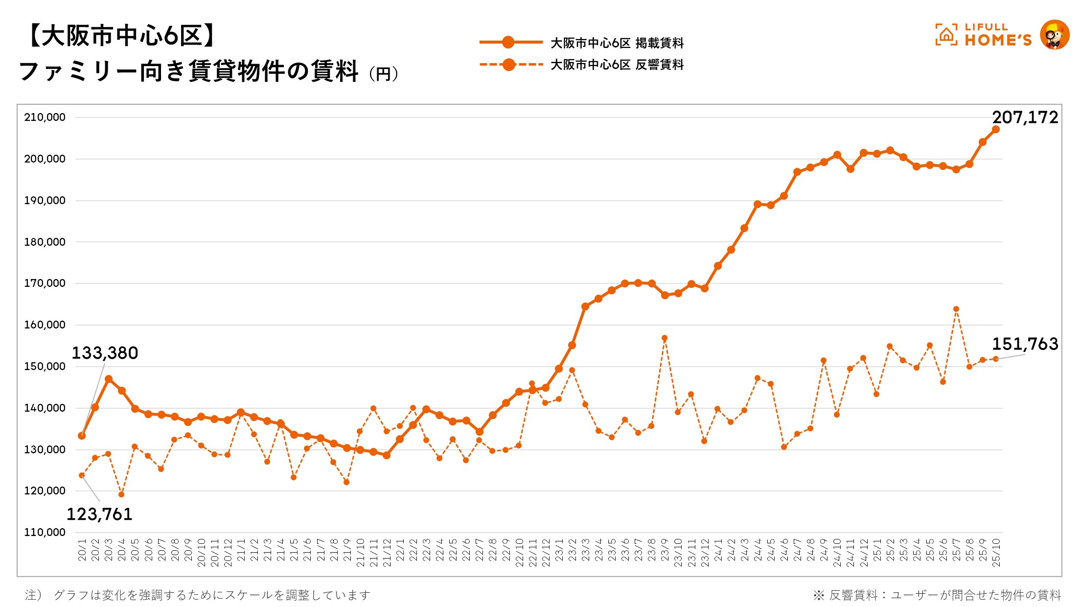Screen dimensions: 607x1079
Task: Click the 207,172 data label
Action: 1025,117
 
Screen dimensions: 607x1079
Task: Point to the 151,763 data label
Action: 1025,344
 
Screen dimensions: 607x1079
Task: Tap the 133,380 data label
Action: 105,353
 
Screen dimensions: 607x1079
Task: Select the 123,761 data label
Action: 99,514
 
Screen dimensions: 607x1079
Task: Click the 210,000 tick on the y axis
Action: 45,117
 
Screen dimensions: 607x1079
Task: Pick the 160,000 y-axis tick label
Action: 45,325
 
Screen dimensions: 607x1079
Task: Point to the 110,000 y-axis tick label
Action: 45,533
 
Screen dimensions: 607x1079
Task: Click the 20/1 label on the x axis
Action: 82,550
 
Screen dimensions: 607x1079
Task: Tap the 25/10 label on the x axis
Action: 996,553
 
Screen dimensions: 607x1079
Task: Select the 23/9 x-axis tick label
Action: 665,550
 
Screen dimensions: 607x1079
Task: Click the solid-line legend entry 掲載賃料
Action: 617,43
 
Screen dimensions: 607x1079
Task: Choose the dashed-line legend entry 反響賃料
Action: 617,65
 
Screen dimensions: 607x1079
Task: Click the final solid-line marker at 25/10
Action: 996,130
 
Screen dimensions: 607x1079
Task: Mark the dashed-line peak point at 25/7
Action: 956,309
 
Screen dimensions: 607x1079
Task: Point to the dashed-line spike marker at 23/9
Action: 665,338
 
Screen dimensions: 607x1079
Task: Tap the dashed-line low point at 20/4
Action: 121,494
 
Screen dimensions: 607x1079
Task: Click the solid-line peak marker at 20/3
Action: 109,379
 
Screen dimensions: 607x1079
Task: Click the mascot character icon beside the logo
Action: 1055,35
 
